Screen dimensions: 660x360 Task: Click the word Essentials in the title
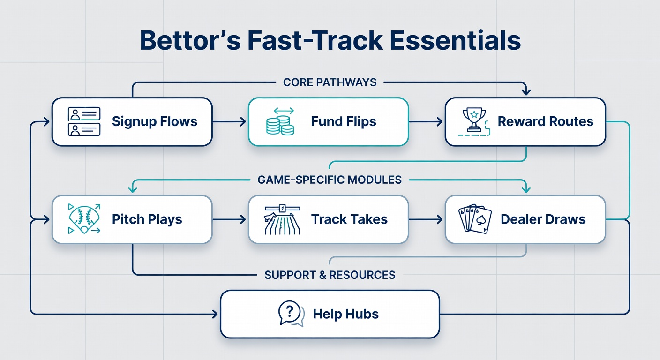coord(455,40)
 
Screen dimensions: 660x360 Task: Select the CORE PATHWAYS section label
coord(330,82)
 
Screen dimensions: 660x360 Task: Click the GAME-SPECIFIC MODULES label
coord(330,180)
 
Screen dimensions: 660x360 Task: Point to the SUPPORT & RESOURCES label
coord(330,275)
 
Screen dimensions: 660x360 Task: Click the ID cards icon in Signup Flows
coord(84,121)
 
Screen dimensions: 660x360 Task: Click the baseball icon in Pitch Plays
coord(84,219)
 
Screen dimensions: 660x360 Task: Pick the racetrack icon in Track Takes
coord(282,219)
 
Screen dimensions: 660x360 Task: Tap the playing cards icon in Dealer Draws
coord(475,219)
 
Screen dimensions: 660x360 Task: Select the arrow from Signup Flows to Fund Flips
coord(229,121)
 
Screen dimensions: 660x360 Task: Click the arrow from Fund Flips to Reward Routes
coord(426,121)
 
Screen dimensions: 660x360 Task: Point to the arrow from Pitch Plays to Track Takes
coord(229,219)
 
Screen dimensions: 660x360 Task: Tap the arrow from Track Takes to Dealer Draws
coord(426,219)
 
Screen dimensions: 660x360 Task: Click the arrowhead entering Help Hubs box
coord(215,314)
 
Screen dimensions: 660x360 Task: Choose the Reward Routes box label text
coord(546,121)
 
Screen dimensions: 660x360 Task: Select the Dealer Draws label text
coord(543,219)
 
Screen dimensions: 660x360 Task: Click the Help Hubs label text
coord(345,314)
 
